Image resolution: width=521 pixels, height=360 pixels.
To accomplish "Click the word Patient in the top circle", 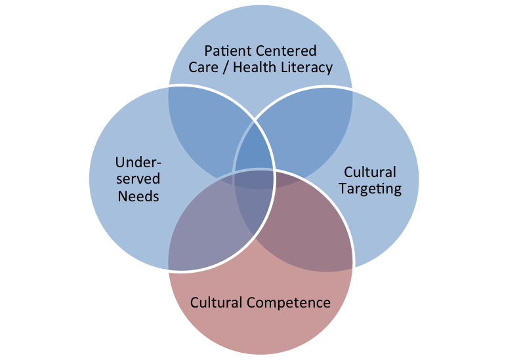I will click(226, 51).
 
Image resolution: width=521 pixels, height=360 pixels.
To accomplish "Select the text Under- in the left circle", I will click(138, 162).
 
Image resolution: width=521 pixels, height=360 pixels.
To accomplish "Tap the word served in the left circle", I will click(138, 178).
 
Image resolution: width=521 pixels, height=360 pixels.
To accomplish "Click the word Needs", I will click(138, 195).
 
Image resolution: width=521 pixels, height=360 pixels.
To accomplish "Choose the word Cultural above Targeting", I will click(371, 172).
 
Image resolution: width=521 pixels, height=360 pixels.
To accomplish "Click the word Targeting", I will click(371, 189).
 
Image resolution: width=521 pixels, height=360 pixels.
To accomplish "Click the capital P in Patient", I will click(209, 51).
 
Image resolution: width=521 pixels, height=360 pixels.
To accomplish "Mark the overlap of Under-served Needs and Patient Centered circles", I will click(197, 128).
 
